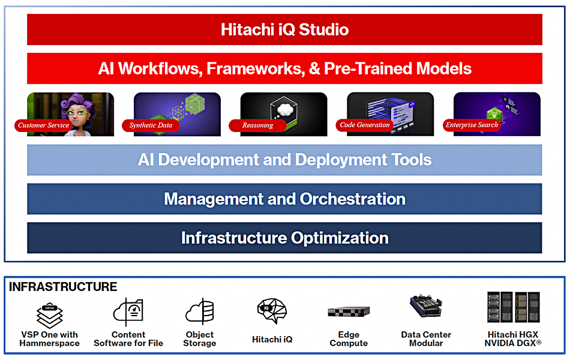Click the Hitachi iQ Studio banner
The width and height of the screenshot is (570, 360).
click(284, 29)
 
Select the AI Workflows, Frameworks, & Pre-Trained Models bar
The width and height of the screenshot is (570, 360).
click(284, 68)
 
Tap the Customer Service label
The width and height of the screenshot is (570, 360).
click(44, 125)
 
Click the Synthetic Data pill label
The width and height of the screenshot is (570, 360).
click(151, 125)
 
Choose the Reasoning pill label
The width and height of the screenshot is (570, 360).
click(258, 125)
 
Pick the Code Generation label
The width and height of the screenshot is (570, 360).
click(365, 125)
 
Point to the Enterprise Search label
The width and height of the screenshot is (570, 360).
click(472, 125)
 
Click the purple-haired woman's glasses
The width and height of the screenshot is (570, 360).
click(77, 113)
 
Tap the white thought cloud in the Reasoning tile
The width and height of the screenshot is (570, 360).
click(285, 109)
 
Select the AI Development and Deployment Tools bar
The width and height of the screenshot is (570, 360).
click(284, 160)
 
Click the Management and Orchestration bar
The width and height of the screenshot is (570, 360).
click(284, 199)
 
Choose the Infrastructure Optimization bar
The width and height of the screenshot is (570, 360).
click(284, 238)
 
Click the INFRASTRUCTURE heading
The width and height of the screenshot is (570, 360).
click(63, 287)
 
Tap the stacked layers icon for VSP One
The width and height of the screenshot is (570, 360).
click(49, 315)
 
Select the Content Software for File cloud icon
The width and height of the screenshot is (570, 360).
click(128, 312)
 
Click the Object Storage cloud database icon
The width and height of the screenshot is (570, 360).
click(200, 311)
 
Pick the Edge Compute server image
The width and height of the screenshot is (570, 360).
click(349, 311)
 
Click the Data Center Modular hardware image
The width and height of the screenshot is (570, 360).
click(426, 306)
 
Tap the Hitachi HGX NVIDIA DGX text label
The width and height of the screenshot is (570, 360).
click(512, 339)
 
